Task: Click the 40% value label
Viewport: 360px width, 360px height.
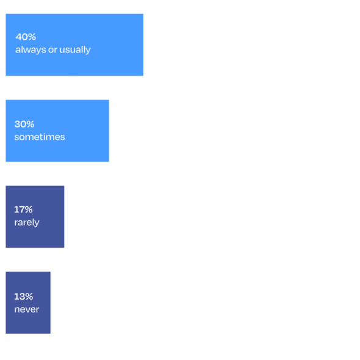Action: pyautogui.click(x=26, y=37)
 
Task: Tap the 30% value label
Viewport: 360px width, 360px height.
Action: pyautogui.click(x=24, y=124)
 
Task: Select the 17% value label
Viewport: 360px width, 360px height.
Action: pyautogui.click(x=23, y=209)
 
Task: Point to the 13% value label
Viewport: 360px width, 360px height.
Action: pyautogui.click(x=24, y=297)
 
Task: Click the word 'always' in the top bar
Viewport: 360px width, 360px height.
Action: pyautogui.click(x=31, y=50)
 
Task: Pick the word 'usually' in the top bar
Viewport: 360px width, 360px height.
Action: pyautogui.click(x=75, y=50)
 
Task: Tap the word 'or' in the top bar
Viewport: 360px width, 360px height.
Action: pyautogui.click(x=53, y=50)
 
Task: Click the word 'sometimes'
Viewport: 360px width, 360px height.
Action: pyautogui.click(x=40, y=137)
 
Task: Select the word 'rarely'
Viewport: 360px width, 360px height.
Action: pyautogui.click(x=27, y=223)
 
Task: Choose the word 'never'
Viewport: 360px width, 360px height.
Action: pyautogui.click(x=27, y=309)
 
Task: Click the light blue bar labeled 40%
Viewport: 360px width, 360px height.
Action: pyautogui.click(x=74, y=45)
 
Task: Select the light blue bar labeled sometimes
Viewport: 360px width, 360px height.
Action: pyautogui.click(x=57, y=131)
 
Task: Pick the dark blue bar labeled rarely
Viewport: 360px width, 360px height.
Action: pyautogui.click(x=35, y=217)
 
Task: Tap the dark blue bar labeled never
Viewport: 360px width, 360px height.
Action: pyautogui.click(x=28, y=303)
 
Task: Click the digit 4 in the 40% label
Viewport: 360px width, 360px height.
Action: pyautogui.click(x=18, y=37)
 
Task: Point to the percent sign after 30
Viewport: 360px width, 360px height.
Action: pyautogui.click(x=31, y=124)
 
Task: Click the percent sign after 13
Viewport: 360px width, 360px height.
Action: pyautogui.click(x=29, y=297)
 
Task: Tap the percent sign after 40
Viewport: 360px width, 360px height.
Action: pyautogui.click(x=32, y=37)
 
